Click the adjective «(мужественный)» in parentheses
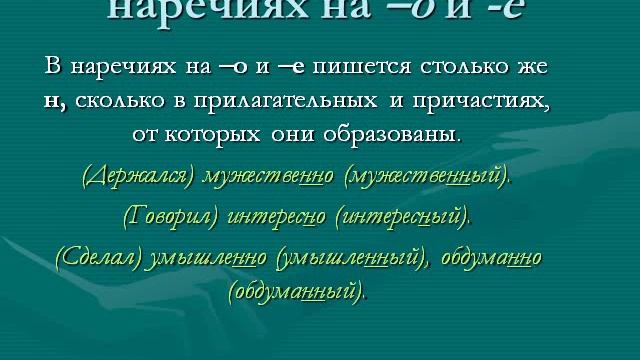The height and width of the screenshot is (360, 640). point(426,177)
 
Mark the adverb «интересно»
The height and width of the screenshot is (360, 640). point(274,215)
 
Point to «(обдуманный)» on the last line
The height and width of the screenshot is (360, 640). point(297,293)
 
